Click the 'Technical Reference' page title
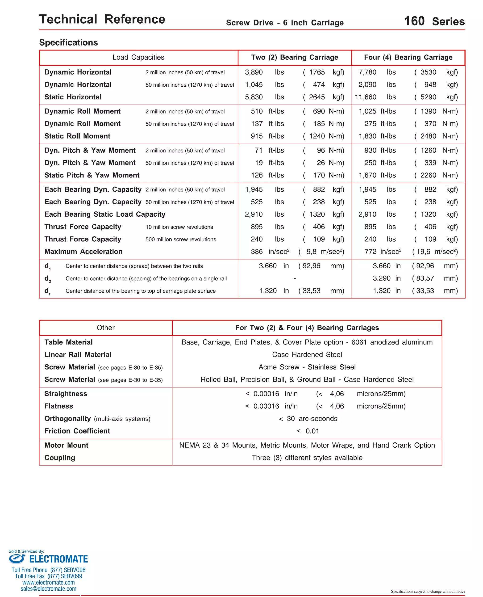[102, 20]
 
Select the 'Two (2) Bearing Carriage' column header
[294, 57]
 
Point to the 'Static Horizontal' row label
[73, 97]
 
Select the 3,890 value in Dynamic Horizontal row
[254, 72]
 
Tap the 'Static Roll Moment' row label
[77, 136]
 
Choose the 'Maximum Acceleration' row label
[83, 252]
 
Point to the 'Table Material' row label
[68, 342]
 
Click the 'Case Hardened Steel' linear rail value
[307, 355]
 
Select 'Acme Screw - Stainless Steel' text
[307, 367]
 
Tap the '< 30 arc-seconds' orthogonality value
[308, 419]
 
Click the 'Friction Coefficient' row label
[77, 431]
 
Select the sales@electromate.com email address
[48, 589]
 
